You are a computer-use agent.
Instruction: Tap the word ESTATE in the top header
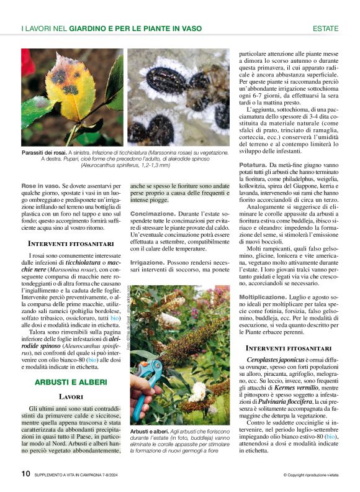325,29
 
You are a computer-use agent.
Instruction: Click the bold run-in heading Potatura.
253,165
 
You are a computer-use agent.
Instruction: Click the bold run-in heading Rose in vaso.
41,186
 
